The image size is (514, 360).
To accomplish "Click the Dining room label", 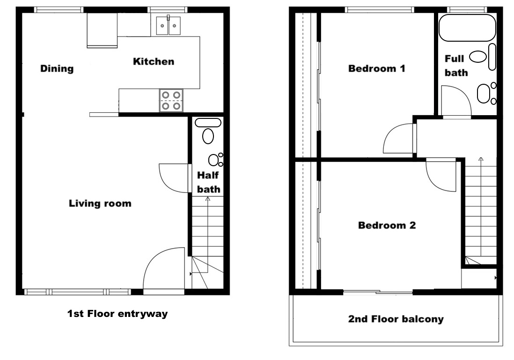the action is point(57,68).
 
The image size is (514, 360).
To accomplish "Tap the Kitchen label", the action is point(154,61).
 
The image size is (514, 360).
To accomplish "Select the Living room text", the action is point(100,203).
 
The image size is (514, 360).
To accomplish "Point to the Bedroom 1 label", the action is point(377,68).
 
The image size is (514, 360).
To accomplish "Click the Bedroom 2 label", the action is point(387,225).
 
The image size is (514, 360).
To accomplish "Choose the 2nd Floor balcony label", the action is point(396,319).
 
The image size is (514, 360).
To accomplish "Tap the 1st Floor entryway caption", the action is point(117,314).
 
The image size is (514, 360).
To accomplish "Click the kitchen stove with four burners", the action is point(171,100).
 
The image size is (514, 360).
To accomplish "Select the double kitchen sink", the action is point(169,25).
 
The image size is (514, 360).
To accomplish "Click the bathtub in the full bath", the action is point(467,28).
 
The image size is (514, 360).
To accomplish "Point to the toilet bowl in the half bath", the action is point(208,136).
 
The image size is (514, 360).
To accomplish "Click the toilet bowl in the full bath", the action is point(477,57).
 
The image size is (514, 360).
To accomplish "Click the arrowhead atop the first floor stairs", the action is point(207,198).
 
